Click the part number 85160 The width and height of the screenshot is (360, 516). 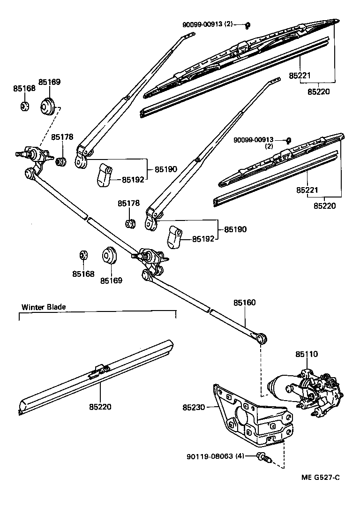[245, 303]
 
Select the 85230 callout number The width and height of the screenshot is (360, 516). [194, 408]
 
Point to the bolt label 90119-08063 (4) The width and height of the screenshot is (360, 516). [215, 455]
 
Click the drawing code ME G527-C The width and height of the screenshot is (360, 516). [320, 478]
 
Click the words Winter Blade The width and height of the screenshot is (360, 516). [44, 307]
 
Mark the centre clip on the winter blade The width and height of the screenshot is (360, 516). [99, 371]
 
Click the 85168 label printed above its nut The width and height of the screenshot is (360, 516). [24, 88]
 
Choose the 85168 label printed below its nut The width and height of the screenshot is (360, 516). [83, 273]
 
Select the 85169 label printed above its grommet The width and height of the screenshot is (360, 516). [49, 82]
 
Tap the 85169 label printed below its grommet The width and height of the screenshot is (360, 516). [111, 281]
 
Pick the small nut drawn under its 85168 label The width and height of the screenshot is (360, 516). [25, 106]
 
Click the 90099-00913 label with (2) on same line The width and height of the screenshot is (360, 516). [208, 24]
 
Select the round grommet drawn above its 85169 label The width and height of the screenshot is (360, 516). [110, 256]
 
